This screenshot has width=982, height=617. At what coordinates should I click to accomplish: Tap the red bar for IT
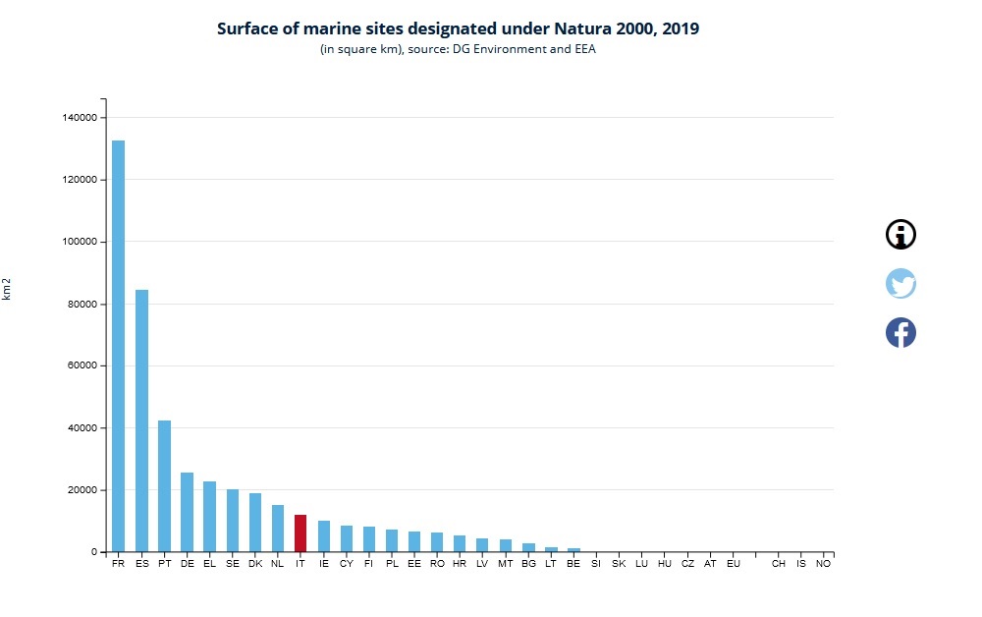300,533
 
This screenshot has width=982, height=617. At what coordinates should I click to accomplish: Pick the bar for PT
164,485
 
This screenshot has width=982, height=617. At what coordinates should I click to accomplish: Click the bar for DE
187,512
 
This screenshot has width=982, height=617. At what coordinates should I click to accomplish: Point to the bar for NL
278,529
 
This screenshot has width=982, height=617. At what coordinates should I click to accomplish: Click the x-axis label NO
824,564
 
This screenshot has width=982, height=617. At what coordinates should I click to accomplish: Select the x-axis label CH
778,564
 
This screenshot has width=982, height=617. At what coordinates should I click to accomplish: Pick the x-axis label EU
733,564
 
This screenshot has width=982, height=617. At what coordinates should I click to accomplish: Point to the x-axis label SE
233,564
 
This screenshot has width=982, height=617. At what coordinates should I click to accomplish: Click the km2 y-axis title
7,290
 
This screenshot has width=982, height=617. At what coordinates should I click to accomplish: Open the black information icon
900,234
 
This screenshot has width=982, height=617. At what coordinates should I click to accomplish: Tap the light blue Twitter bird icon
900,283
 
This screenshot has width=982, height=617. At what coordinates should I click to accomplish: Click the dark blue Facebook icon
900,332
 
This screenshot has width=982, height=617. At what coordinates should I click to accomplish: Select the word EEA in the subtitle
585,49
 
